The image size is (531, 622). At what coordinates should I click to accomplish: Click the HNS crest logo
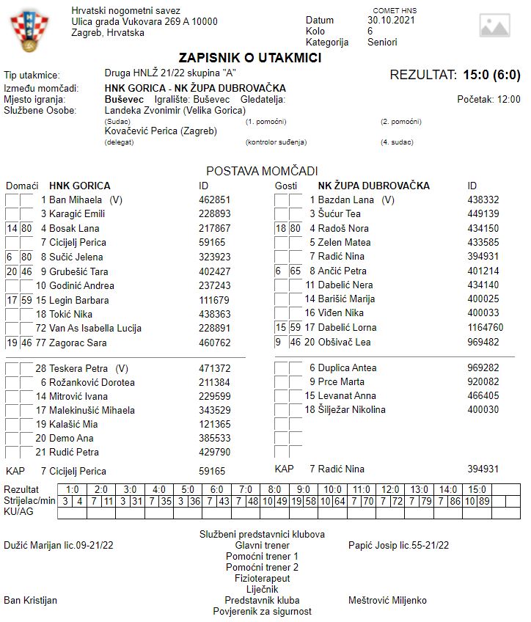(27, 31)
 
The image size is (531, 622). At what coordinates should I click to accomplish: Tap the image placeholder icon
(494, 25)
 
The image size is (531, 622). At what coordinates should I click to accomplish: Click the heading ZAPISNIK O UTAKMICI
(249, 58)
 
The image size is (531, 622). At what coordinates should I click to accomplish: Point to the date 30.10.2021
(391, 20)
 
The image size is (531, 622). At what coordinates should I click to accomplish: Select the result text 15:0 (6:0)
(491, 75)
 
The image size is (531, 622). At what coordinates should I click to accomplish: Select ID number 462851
(214, 200)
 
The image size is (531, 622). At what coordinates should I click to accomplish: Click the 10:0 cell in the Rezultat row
(332, 489)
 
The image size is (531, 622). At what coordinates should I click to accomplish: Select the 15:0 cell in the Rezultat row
(477, 489)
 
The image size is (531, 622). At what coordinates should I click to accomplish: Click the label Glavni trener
(262, 545)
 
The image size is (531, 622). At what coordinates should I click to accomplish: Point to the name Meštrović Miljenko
(387, 600)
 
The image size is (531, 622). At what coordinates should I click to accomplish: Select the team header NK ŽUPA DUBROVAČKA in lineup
(373, 186)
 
